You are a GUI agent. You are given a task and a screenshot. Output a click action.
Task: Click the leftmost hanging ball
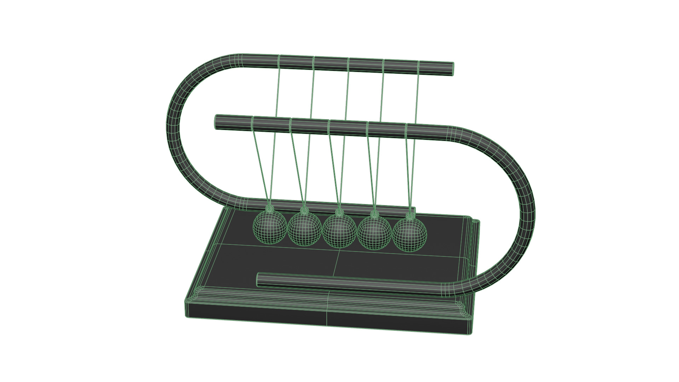coord(270,227)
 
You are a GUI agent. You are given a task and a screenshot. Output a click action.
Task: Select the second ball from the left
coord(304,229)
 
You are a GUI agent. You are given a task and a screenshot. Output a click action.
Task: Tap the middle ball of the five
coord(339,231)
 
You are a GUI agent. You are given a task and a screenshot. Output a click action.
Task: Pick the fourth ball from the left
coord(375,233)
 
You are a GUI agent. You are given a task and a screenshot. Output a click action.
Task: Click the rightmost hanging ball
coord(410,235)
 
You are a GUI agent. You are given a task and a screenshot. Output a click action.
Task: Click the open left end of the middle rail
coord(217,122)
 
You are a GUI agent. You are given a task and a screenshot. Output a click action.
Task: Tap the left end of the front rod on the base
coord(259,279)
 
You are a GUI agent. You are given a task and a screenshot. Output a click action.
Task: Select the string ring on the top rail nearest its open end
coord(419,67)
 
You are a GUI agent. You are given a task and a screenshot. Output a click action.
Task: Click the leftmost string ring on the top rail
coord(279,62)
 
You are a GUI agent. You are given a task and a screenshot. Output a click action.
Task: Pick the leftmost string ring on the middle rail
coord(253,123)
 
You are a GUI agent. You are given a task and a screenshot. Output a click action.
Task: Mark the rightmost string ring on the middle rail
coord(406,131)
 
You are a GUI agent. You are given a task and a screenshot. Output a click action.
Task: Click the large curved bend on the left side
coord(173,127)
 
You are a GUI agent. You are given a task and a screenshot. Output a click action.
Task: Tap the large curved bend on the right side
coord(527,212)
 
